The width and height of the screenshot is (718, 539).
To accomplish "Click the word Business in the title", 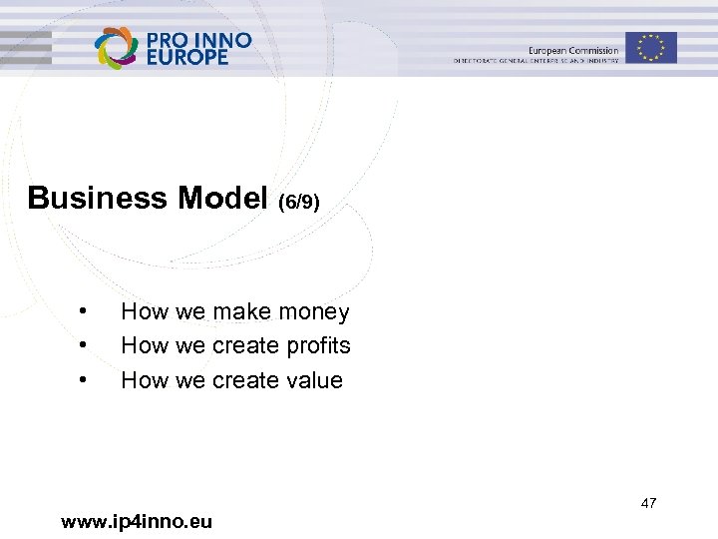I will (x=98, y=198).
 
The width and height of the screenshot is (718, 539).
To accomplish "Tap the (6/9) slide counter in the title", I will (x=299, y=202).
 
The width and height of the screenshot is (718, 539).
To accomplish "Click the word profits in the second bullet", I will (x=318, y=346).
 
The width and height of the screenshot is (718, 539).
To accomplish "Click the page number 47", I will (x=648, y=503).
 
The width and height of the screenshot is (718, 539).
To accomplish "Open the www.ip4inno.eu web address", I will (x=137, y=521).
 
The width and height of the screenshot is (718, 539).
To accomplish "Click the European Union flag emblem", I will (x=651, y=47).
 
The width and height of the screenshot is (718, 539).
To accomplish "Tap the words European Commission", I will (x=573, y=50).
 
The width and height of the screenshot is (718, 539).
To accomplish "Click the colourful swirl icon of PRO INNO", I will (x=117, y=48).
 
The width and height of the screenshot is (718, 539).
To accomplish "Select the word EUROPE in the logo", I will (x=187, y=57).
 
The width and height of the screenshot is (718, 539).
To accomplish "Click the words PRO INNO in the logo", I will (x=198, y=40).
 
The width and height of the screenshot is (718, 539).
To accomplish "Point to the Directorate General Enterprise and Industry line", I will (x=537, y=61).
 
